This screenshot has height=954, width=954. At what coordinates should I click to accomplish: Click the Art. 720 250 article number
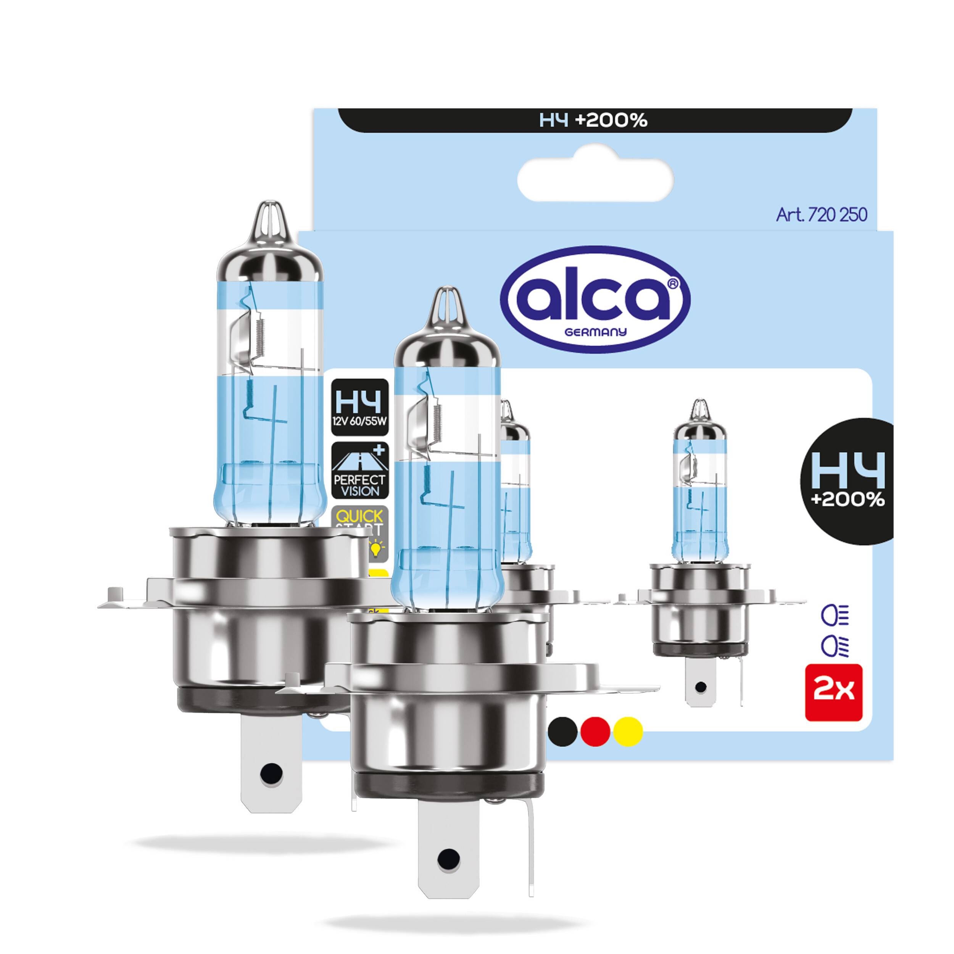[x=821, y=215]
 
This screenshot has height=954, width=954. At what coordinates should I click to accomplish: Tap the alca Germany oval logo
[x=595, y=299]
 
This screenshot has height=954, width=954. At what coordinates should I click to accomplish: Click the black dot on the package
[x=562, y=731]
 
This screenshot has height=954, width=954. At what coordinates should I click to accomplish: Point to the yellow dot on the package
[x=627, y=731]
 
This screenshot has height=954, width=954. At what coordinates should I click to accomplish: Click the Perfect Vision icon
[x=359, y=471]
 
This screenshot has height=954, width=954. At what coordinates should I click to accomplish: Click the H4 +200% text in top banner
[x=593, y=120]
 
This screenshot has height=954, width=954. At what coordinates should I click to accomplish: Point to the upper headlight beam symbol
[x=834, y=616]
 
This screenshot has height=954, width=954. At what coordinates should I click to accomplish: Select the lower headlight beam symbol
[x=834, y=645]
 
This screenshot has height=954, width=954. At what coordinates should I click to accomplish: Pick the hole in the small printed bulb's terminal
[x=700, y=687]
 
